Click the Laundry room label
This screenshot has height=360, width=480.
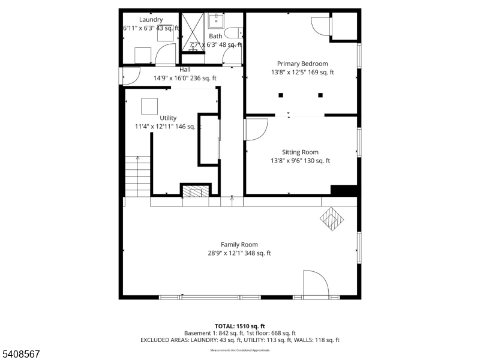point(151,20)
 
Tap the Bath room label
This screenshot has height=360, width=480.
point(215,37)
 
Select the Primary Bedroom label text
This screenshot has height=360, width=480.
point(302,64)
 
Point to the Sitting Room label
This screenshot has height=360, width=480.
point(300,152)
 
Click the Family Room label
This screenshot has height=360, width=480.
point(239,245)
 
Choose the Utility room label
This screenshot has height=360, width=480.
point(168,118)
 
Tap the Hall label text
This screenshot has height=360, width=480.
point(185,70)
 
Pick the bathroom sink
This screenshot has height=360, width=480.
point(216,22)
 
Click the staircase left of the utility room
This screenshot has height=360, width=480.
point(137,175)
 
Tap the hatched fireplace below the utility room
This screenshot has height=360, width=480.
point(195,192)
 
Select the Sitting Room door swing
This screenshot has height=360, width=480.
point(256,130)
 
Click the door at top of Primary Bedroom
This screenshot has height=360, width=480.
point(320,25)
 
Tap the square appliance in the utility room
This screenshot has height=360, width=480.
point(149,106)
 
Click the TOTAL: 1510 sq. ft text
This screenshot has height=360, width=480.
point(239,326)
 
